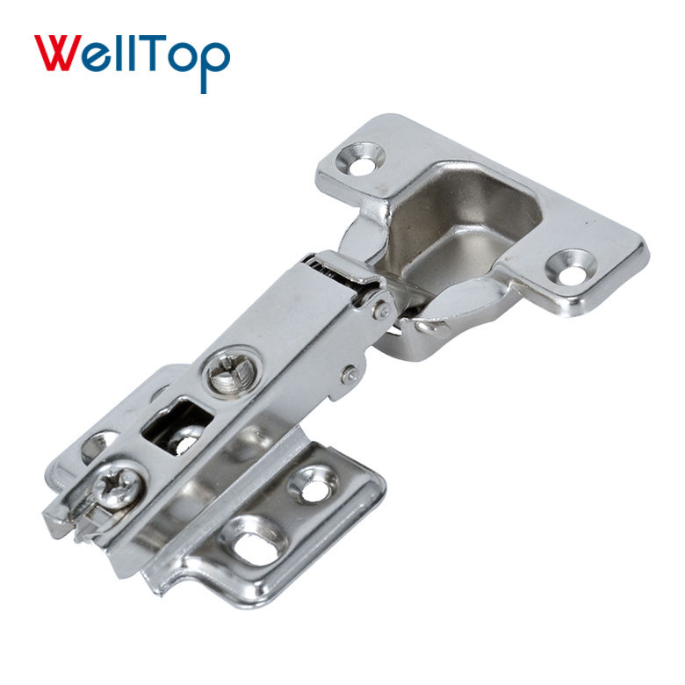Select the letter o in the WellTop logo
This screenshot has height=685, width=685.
(x=183, y=57)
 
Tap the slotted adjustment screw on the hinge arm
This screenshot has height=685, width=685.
(x=232, y=374)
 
